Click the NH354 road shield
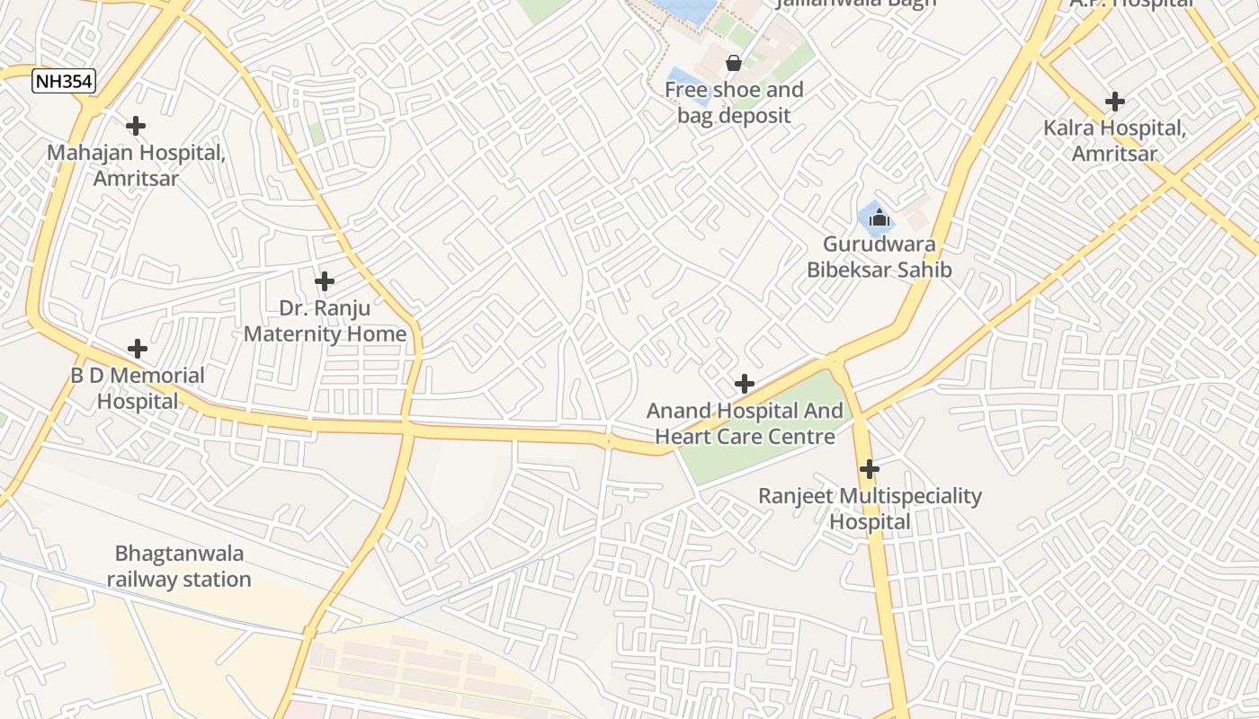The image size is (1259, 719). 64,82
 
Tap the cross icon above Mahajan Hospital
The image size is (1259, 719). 136,126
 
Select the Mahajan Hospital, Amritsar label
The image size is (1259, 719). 136,165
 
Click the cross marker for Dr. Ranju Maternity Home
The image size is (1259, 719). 325,281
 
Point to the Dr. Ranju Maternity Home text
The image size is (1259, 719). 325,321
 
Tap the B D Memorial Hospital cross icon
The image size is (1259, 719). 138,349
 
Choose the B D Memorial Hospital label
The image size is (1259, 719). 138,388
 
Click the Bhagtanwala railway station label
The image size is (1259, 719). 179,566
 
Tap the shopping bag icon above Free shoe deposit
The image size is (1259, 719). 734,63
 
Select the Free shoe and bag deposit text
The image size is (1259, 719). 734,102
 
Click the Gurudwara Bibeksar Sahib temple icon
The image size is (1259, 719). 879,217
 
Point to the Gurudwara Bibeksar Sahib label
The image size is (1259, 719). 879,256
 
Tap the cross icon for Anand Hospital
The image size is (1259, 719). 745,385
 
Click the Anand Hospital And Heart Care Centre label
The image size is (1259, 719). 745,424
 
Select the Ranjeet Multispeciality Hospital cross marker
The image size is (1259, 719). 870,469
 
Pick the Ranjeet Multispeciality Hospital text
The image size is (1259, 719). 870,509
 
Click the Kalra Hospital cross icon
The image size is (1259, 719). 1115,102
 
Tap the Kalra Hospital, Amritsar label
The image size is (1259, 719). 1115,141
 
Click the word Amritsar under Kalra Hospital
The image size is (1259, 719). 1115,154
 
